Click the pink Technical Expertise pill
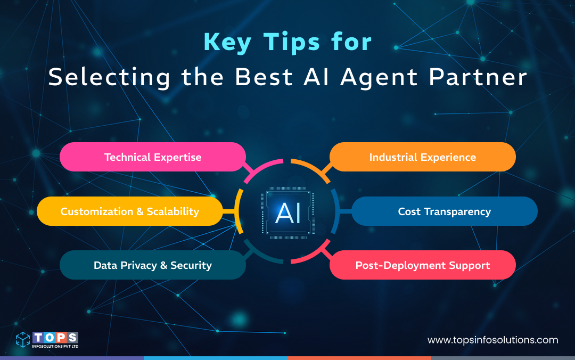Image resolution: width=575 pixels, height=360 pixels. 153,157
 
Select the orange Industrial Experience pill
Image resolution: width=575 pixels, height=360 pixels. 423,157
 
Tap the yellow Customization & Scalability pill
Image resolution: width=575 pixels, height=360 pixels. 129,211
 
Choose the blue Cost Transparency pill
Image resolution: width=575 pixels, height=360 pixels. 444,211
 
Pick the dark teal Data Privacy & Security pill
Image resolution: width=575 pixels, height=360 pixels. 153,265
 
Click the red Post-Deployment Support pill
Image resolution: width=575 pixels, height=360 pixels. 423,265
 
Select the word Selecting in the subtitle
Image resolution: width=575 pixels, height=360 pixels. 110,78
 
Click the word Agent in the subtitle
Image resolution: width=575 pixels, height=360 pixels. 379,78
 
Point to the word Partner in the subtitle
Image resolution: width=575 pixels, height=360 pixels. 477,78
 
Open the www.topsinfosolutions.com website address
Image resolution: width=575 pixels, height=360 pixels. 493,340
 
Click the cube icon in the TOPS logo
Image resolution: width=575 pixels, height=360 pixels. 23,340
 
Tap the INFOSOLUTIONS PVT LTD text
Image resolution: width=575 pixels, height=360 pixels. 55,346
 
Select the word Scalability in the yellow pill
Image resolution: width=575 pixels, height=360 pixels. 173,211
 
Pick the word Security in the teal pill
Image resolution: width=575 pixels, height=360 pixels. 191,265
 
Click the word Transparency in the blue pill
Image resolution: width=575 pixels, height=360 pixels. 457,211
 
